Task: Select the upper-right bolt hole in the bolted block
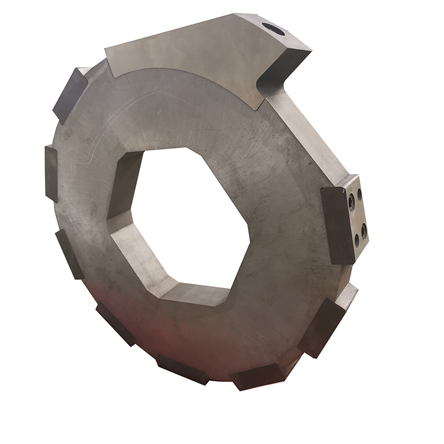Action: [360, 194]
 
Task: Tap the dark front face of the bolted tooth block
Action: [336, 225]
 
